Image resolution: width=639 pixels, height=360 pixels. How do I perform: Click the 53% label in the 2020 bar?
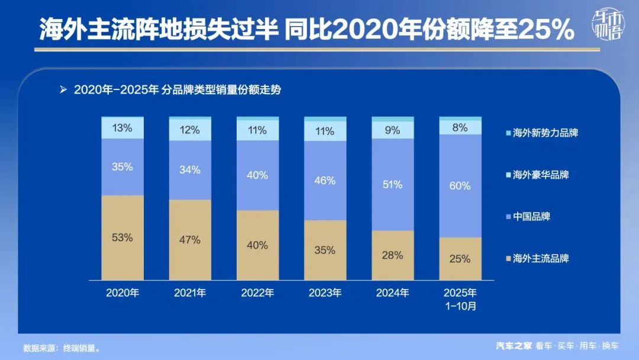[x=122, y=237]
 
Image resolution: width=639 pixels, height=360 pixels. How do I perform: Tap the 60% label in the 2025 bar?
[x=460, y=186]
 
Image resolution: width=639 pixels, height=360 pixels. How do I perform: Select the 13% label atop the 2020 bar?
[x=122, y=127]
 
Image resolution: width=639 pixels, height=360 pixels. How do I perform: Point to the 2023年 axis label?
[x=325, y=292]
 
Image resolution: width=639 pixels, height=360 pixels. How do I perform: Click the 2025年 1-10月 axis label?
[x=460, y=299]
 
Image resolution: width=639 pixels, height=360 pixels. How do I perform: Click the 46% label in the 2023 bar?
[x=325, y=181]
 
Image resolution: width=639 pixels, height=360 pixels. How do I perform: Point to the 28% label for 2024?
[x=392, y=255]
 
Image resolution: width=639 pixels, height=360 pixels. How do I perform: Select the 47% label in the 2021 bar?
[x=190, y=240]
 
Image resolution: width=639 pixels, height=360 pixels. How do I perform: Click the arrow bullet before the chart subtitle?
[x=63, y=90]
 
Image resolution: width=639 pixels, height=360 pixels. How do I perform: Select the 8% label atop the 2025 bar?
[x=460, y=127]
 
